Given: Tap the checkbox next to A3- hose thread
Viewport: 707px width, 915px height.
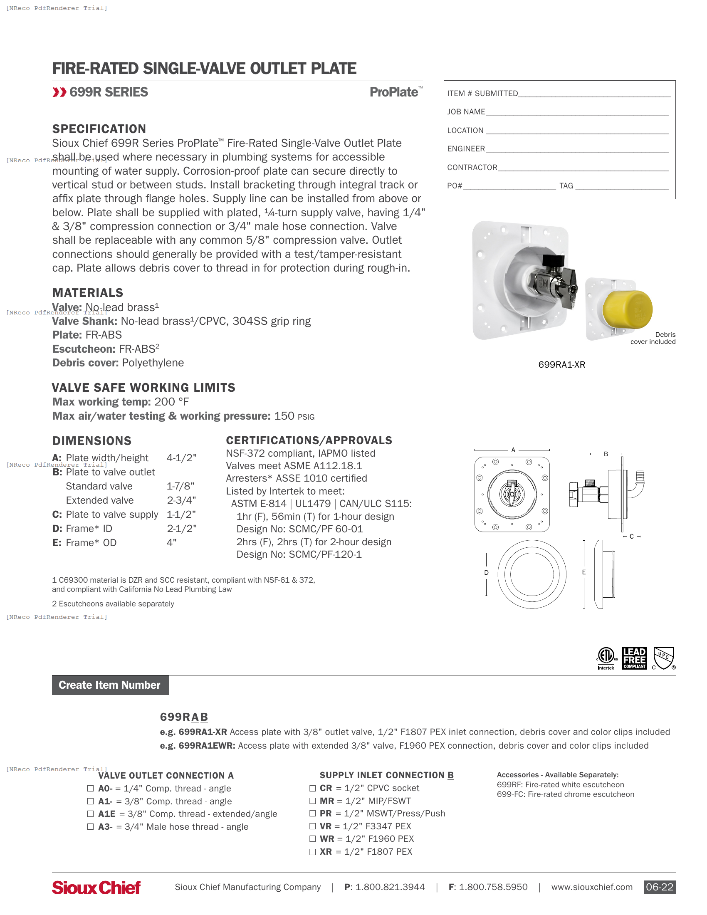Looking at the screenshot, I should (x=91, y=826).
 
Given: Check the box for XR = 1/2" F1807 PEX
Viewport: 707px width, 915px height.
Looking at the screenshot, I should (x=312, y=852).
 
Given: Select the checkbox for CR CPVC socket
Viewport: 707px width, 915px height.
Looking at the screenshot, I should (x=312, y=788).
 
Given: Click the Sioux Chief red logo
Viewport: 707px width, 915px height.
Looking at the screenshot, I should (x=96, y=888).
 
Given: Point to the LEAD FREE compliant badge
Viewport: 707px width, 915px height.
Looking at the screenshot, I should (x=634, y=658).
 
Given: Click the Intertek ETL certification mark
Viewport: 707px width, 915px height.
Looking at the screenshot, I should (x=606, y=658).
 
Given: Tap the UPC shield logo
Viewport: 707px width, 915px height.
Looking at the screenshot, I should (x=664, y=658).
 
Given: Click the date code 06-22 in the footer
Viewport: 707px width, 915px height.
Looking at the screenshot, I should (x=659, y=887).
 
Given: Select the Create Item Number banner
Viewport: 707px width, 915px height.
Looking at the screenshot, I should (x=110, y=685).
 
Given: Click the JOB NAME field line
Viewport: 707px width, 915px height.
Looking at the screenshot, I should (x=577, y=112).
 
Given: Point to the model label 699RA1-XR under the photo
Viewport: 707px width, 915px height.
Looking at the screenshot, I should (x=561, y=364).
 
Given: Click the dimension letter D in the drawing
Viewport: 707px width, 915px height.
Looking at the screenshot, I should (x=486, y=572).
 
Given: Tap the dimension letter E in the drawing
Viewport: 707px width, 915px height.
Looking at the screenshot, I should (x=584, y=572).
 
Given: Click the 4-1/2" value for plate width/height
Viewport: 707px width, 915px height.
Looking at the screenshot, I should (x=181, y=458).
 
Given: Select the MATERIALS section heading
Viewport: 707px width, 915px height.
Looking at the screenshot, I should (x=87, y=292).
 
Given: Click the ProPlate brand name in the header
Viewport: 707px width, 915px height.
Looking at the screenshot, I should (x=394, y=92).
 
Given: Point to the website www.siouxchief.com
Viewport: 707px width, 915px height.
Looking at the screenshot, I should (x=591, y=887).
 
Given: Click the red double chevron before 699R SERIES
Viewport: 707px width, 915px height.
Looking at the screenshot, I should (x=59, y=92).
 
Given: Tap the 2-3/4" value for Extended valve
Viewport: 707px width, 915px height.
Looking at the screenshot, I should (x=181, y=500).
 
